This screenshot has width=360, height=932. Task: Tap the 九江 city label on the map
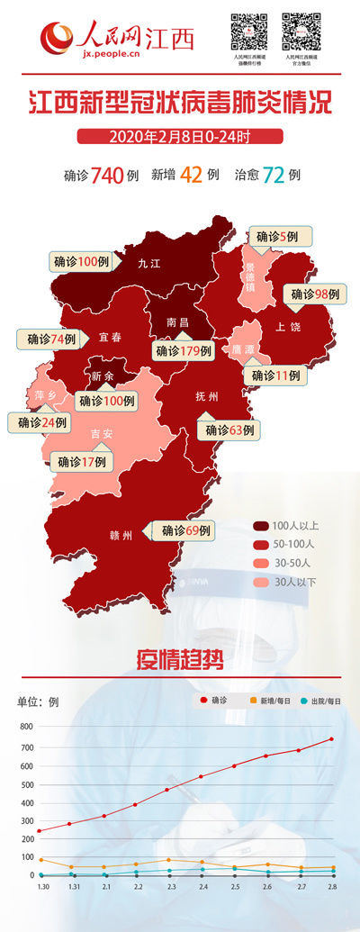tap(148, 264)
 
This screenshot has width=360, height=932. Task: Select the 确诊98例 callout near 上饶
tap(319, 294)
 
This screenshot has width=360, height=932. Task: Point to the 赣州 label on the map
tap(121, 535)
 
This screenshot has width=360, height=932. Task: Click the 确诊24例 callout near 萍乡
tap(41, 421)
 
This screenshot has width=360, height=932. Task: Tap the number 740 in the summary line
tap(106, 175)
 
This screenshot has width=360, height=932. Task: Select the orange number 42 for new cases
tap(191, 175)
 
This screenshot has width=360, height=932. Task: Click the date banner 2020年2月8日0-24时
tap(180, 136)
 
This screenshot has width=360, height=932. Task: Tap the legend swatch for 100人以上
tap(260, 525)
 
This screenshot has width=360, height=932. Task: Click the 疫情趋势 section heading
tap(180, 659)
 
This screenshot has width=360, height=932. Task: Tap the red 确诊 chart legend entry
tap(213, 701)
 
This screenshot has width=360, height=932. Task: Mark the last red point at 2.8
tap(331, 739)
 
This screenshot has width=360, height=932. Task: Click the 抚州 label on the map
tap(207, 396)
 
